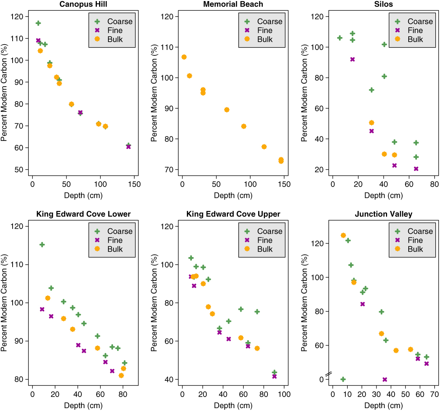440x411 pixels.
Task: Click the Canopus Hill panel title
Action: point(83,4)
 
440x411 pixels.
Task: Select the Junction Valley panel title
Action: point(383,214)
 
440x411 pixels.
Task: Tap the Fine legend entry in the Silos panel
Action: point(415,31)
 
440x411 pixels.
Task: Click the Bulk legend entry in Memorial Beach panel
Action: point(265,40)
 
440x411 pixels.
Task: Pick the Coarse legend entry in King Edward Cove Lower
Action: point(120,232)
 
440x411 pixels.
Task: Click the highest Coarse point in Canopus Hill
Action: point(38,23)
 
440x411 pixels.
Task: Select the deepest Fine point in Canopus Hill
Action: point(129,147)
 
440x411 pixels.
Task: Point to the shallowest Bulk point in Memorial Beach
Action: point(184,57)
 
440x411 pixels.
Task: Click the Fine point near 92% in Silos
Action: point(353,59)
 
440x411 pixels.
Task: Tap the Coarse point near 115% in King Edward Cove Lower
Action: point(42,245)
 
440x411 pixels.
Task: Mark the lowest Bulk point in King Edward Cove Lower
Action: point(121,376)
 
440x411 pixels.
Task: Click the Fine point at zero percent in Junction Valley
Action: point(385,380)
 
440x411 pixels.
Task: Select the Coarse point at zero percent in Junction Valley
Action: point(343,379)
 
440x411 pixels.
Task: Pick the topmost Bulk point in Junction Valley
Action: point(343,236)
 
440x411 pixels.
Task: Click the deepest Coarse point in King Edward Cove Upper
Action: point(274,373)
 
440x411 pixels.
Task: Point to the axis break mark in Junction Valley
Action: point(329,375)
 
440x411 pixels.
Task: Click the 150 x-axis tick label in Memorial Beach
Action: point(284,184)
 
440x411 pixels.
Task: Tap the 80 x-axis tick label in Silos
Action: point(434,184)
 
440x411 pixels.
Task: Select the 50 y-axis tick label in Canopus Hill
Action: point(19,170)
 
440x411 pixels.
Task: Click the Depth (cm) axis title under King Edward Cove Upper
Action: point(233,406)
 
